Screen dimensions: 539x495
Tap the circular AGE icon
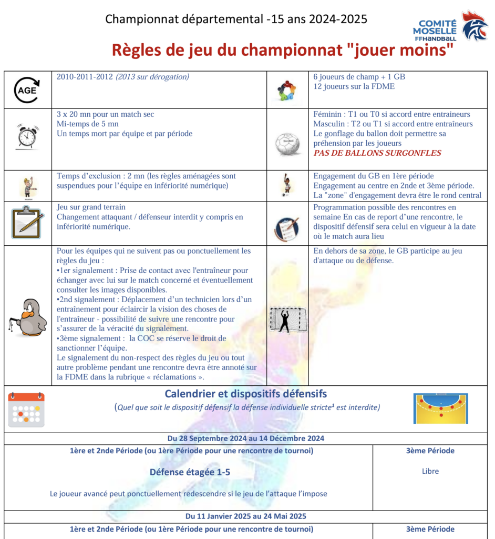point(27,90)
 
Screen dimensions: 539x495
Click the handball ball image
point(287,143)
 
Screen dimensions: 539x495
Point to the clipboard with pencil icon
point(27,222)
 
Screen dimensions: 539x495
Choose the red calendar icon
point(26,410)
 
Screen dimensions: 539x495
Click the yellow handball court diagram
point(440,408)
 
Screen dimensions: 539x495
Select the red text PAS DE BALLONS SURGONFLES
point(377,153)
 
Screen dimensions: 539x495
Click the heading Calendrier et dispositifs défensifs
point(246,394)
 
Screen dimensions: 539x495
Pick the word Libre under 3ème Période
point(430,471)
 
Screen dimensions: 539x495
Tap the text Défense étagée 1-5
point(190,472)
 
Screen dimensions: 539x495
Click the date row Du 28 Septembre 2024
point(246,438)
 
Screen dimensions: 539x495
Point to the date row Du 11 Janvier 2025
point(246,516)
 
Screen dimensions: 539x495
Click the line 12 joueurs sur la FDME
point(352,86)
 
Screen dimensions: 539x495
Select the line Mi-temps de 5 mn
point(88,124)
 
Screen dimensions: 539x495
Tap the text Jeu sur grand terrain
point(91,207)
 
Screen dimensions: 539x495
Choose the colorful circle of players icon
point(287,91)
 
